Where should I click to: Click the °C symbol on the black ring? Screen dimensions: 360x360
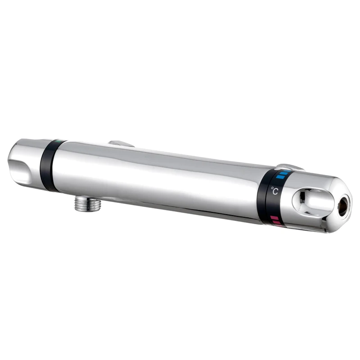tap(274, 191)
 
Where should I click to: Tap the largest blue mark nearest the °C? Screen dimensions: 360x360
tap(280, 177)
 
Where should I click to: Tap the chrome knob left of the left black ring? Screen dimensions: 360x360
tap(25, 160)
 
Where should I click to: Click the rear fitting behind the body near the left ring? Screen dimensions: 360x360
tap(121, 144)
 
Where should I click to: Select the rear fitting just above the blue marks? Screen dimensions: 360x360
tap(288, 167)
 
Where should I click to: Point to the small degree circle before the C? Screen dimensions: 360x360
tap(272, 189)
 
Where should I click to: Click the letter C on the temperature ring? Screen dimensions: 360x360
tap(276, 191)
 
